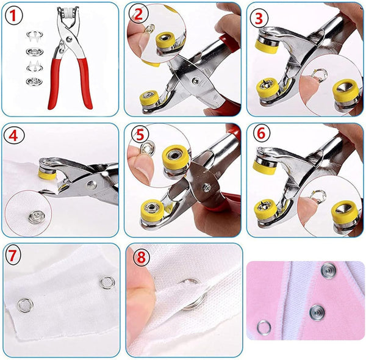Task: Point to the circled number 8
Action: (140, 256)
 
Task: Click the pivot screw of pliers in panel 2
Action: (195, 80)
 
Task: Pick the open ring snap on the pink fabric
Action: (264, 328)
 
